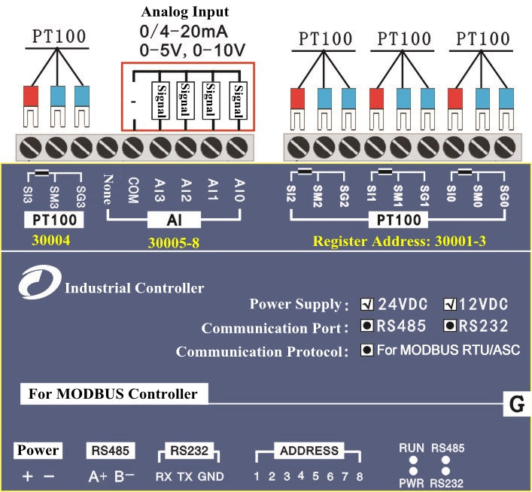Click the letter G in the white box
coord(516,405)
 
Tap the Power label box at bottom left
coord(38,451)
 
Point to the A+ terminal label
coord(98,476)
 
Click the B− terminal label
coord(124,476)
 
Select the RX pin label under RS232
coord(164,476)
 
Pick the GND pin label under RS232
coord(211,476)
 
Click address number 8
coord(360,475)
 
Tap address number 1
coord(256,475)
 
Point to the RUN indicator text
coord(412,448)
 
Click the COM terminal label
coord(132,186)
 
